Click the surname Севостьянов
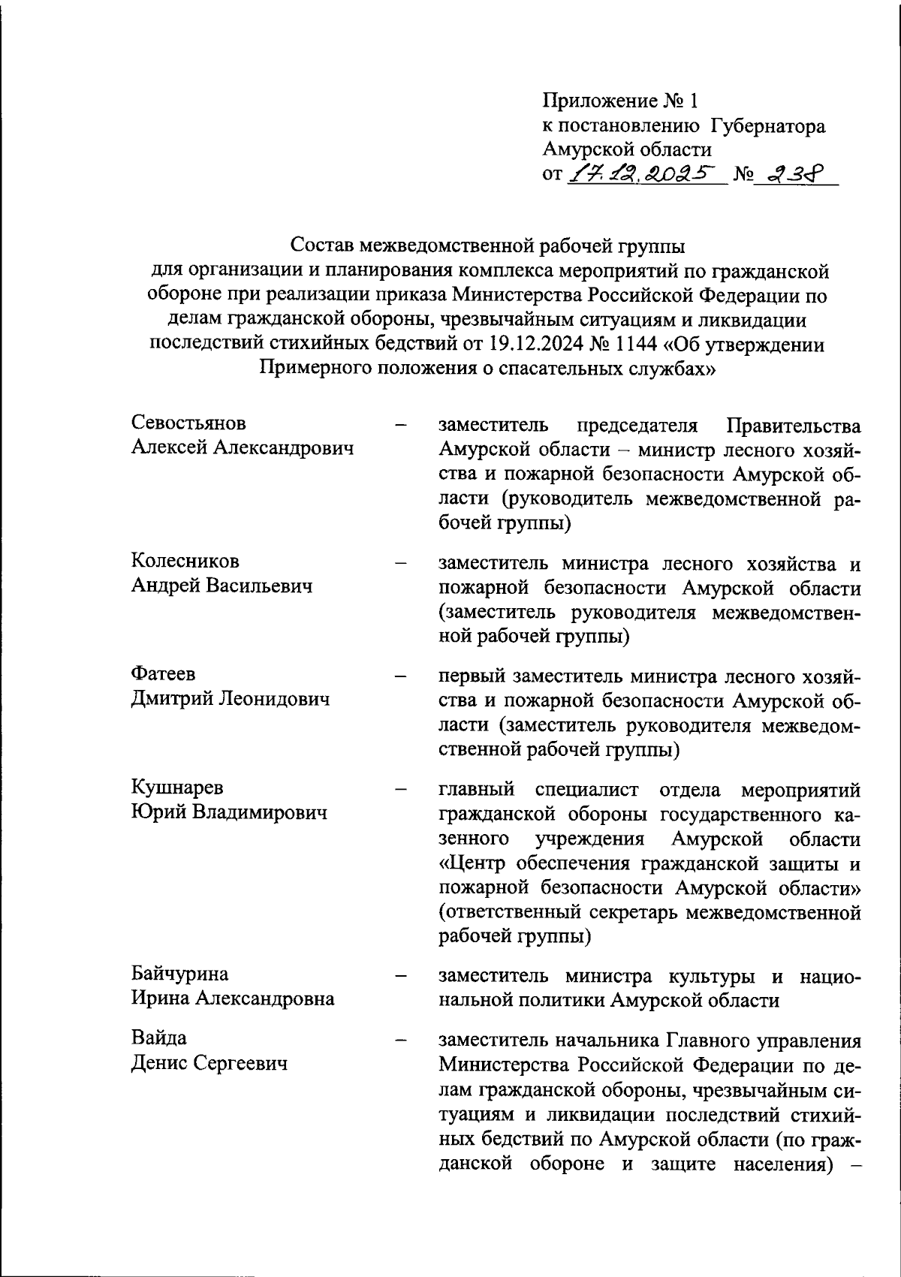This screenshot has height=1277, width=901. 188,423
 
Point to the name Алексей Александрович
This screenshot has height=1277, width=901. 242,448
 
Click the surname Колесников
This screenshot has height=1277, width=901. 185,561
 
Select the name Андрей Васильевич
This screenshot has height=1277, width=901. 221,586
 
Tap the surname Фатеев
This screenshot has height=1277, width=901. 163,674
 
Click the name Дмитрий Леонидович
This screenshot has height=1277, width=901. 231,699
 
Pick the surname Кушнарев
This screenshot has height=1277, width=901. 177,788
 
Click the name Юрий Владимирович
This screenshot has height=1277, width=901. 229,812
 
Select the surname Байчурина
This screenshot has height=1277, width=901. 179,974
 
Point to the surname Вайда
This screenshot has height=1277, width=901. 159,1038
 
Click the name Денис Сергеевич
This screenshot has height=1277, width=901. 209,1063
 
